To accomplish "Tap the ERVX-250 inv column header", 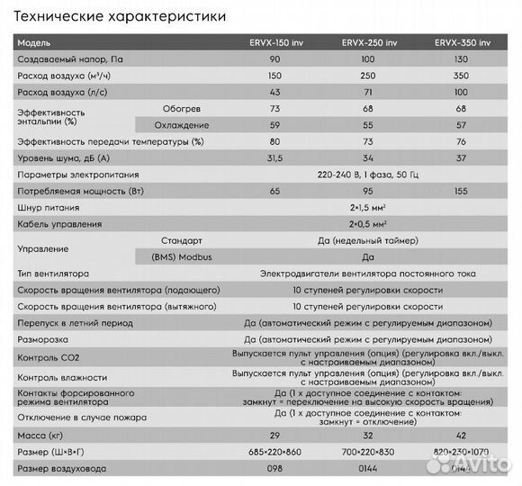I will tap(367, 43).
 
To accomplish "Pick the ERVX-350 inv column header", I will tap(463, 43).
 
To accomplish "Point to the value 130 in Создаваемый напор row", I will tap(463, 59).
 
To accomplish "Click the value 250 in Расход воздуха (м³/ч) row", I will tap(367, 76).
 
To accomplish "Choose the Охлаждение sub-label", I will tap(177, 125).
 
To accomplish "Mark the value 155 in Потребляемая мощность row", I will tap(463, 191).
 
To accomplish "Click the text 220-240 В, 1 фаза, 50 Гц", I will tap(367, 175).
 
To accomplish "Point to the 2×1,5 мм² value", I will tap(367, 207).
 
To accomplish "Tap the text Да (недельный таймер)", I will tap(367, 240).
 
